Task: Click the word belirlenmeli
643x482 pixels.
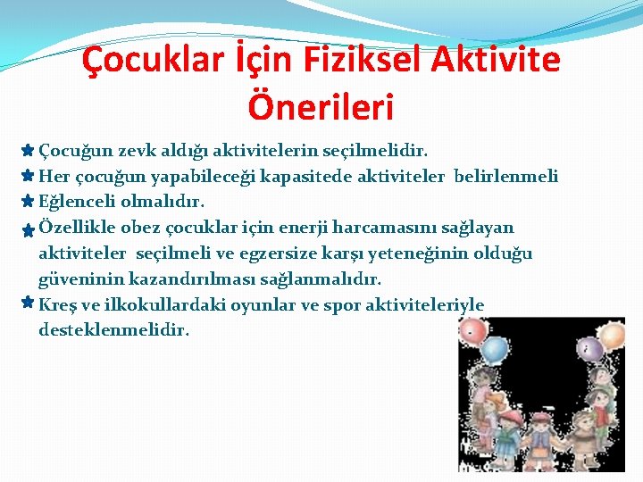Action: (x=506, y=176)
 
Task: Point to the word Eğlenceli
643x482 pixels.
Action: (x=78, y=202)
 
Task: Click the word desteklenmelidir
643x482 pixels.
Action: (x=114, y=330)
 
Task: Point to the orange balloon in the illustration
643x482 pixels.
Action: (x=613, y=336)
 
